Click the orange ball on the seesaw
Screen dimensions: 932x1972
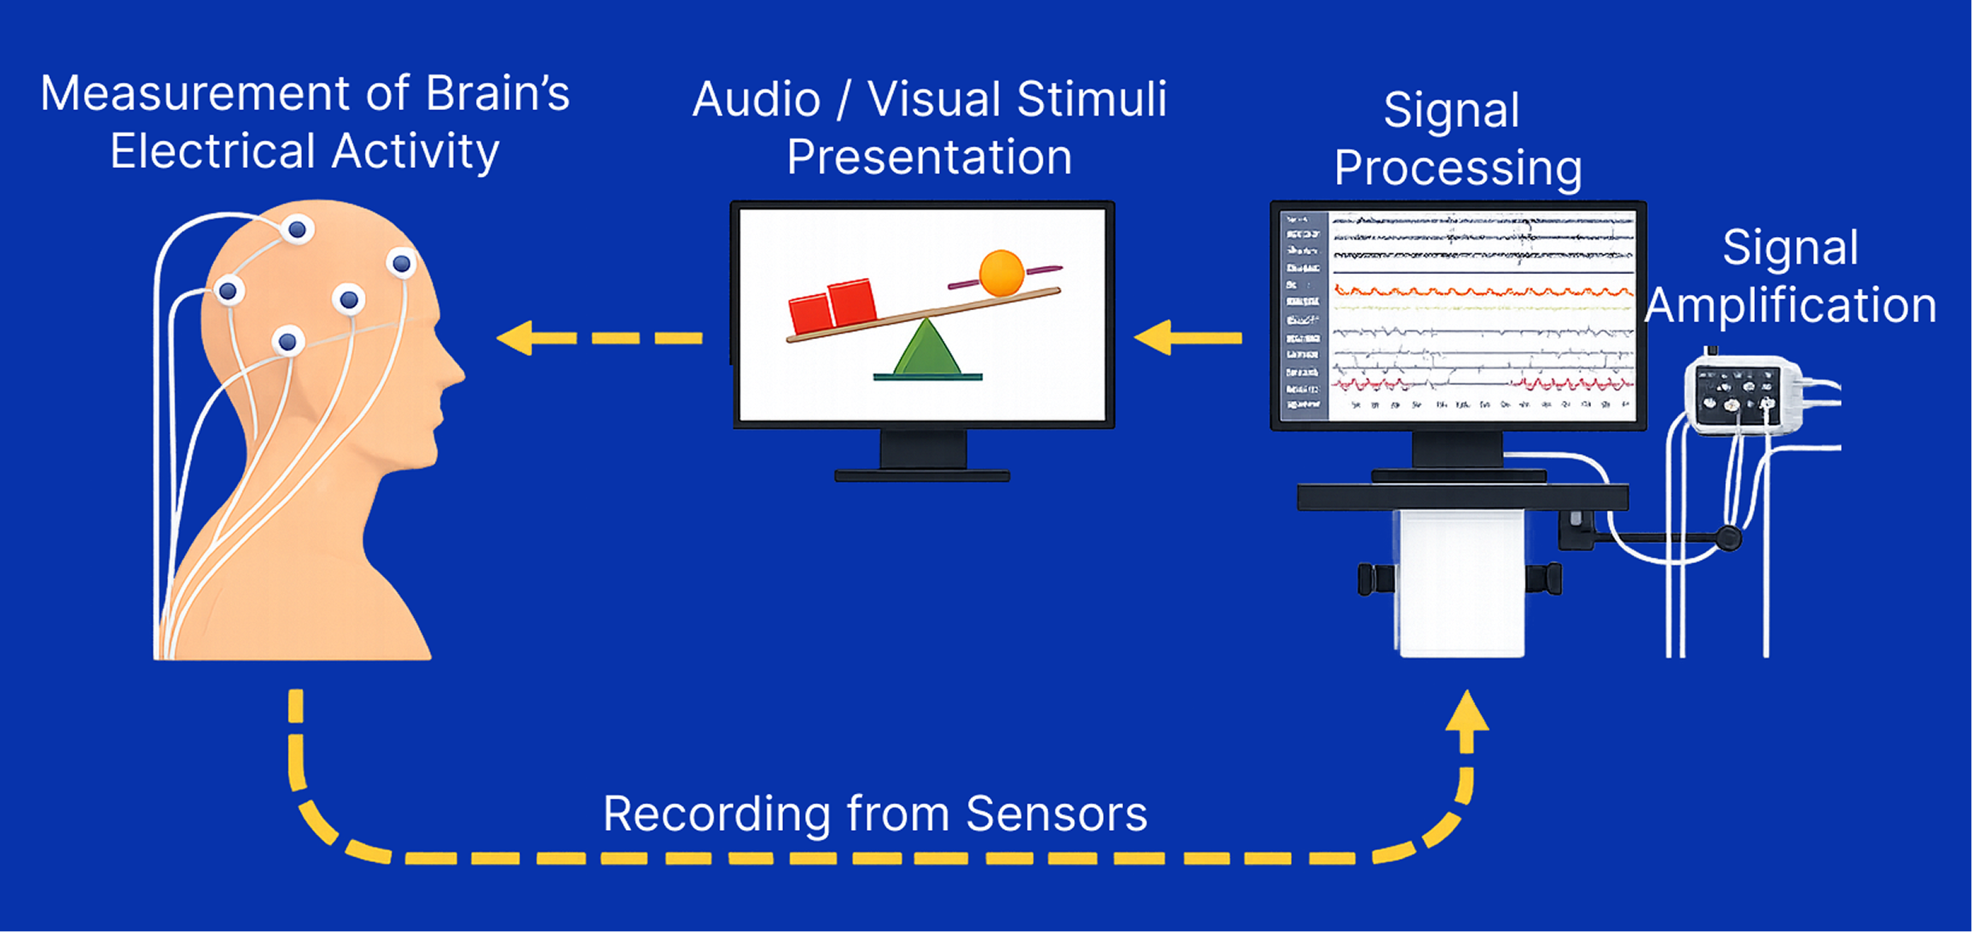(1001, 273)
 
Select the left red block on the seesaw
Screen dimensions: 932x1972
(810, 314)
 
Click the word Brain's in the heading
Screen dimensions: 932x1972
(497, 94)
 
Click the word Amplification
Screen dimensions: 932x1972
(1790, 306)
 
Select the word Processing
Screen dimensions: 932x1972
(1457, 168)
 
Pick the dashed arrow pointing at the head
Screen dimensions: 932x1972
(599, 338)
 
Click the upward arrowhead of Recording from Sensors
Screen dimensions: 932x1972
(1466, 712)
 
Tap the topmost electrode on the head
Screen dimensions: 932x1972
(297, 230)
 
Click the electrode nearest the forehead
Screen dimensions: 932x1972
(401, 263)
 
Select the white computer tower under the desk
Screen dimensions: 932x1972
(1462, 582)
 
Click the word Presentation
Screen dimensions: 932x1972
(929, 157)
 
